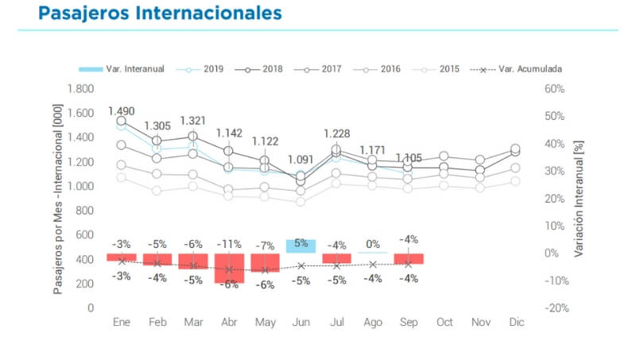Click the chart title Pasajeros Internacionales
point(159,14)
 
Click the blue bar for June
point(301,246)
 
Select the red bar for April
point(229,269)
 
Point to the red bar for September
point(408,259)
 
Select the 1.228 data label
point(336,134)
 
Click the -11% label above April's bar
point(229,244)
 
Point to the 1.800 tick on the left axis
point(81,88)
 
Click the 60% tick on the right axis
point(554,88)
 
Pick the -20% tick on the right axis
point(554,308)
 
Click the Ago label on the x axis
point(372,323)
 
